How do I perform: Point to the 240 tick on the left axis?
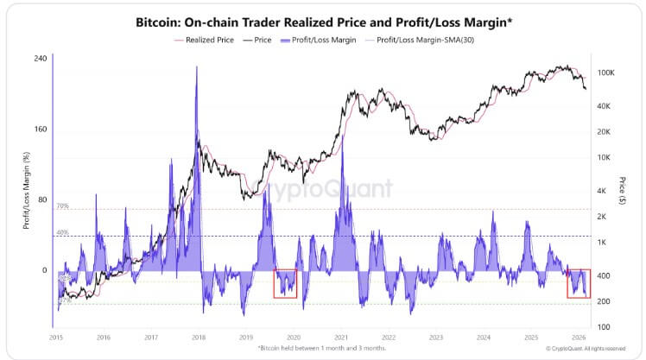click(39, 58)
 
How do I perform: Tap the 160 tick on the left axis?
click(39, 129)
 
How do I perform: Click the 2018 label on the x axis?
click(199, 338)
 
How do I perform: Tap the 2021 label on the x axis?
click(341, 338)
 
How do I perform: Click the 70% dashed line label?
click(62, 207)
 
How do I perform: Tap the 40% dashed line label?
click(62, 233)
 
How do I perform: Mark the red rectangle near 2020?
click(285, 283)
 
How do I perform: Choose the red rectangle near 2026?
click(579, 283)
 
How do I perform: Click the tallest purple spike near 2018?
click(197, 69)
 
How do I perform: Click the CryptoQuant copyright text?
click(586, 349)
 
